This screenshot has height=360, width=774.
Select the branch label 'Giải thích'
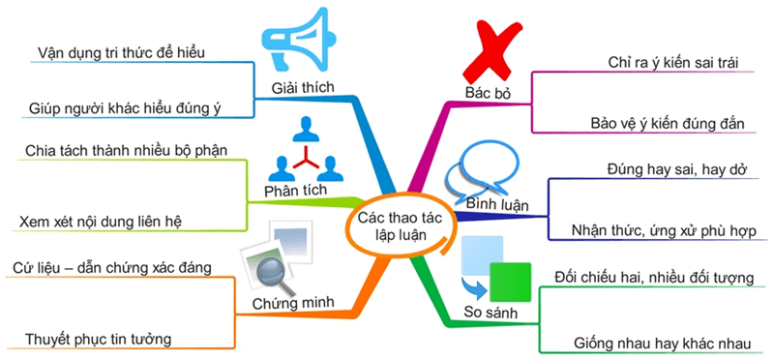[x=303, y=89]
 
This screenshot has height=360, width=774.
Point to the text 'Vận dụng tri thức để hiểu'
[x=121, y=49]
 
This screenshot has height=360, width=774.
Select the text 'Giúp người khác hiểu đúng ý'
[x=126, y=106]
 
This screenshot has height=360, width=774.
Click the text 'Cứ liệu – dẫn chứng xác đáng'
[x=114, y=265]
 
